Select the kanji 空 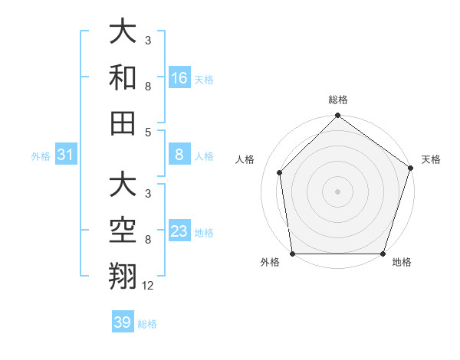click(x=123, y=230)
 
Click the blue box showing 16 click(x=179, y=77)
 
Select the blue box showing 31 click(x=66, y=155)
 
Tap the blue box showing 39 click(x=123, y=322)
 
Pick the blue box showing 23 click(x=179, y=231)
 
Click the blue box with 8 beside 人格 click(x=179, y=155)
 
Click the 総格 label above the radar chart click(x=338, y=100)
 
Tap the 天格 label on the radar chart click(x=432, y=159)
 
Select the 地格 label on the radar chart click(x=402, y=263)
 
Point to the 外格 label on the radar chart click(x=270, y=263)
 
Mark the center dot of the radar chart click(x=337, y=191)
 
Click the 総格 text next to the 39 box click(x=147, y=323)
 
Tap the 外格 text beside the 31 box click(x=41, y=156)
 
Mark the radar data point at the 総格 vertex click(x=337, y=116)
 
